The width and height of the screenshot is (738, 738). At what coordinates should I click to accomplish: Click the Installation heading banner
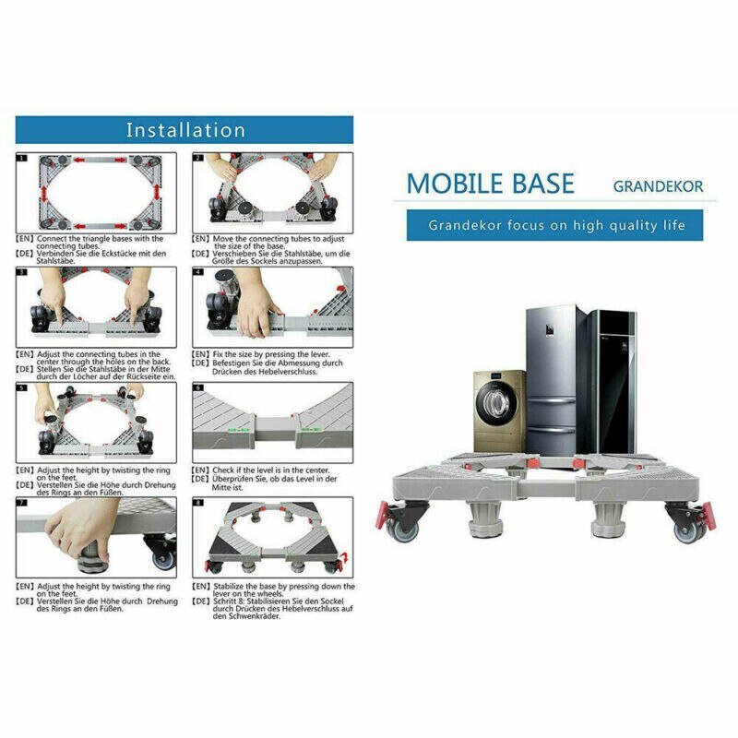pos(184,130)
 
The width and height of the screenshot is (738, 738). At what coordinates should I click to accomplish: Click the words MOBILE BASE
pos(490,183)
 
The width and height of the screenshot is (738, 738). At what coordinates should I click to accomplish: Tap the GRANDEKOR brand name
pos(658,185)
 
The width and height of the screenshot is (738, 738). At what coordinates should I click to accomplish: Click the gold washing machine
pos(499,411)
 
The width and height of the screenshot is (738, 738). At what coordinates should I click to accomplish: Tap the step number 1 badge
pos(21,158)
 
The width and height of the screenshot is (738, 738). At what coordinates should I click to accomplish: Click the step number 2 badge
pos(197,158)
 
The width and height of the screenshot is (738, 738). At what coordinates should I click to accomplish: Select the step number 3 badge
pos(21,273)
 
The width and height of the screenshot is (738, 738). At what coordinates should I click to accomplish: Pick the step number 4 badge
pos(197,273)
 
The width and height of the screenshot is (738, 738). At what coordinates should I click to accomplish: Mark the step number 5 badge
pos(21,388)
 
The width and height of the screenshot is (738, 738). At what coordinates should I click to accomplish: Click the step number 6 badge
pos(197,388)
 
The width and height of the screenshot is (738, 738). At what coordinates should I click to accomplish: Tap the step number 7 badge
pos(21,504)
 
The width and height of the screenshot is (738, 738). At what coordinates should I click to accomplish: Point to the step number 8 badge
pos(197,504)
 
